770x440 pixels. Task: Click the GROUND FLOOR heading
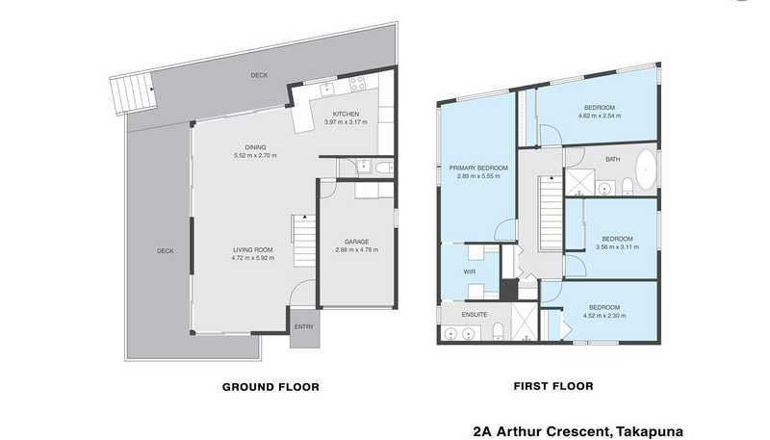[x=270, y=387]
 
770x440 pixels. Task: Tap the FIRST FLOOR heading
[x=553, y=386]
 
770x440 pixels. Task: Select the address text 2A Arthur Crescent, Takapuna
[x=578, y=431]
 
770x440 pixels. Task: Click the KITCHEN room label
[x=346, y=114]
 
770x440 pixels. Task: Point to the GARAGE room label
[x=356, y=242]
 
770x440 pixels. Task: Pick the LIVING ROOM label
[x=253, y=249]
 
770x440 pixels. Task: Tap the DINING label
[x=255, y=147]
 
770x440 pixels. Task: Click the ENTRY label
[x=304, y=326]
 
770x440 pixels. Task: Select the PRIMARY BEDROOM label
[x=478, y=168]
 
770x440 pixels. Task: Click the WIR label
[x=470, y=272]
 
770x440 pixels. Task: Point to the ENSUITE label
[x=475, y=314]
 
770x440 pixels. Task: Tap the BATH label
[x=612, y=159]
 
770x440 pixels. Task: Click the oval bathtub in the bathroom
[x=646, y=168]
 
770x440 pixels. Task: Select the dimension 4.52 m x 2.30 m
[x=604, y=316]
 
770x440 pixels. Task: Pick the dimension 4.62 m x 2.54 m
[x=600, y=116]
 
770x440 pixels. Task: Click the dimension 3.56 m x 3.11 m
[x=617, y=247]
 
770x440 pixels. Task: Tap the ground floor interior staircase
[x=304, y=241]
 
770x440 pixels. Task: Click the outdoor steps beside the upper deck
[x=133, y=93]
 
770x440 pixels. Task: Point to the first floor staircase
[x=551, y=213]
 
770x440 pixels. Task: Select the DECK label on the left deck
[x=165, y=251]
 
